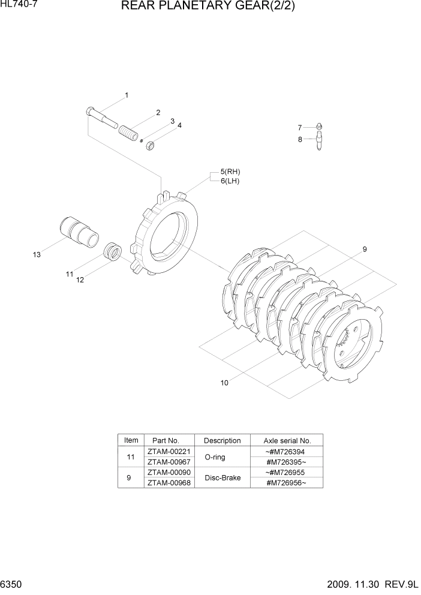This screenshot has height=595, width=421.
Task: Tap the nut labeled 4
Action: pos(152,145)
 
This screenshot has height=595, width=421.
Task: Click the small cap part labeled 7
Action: pos(320,127)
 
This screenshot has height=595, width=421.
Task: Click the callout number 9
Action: pos(364,250)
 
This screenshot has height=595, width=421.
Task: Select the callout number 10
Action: pos(224,383)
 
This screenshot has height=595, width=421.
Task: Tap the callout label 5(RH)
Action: pos(230,172)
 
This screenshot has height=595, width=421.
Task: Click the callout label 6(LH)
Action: pos(230,181)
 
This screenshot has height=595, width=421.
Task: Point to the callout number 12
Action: pos(80,280)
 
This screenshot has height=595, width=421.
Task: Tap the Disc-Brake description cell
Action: pos(222,478)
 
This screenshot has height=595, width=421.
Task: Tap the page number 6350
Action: pos(13,585)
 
